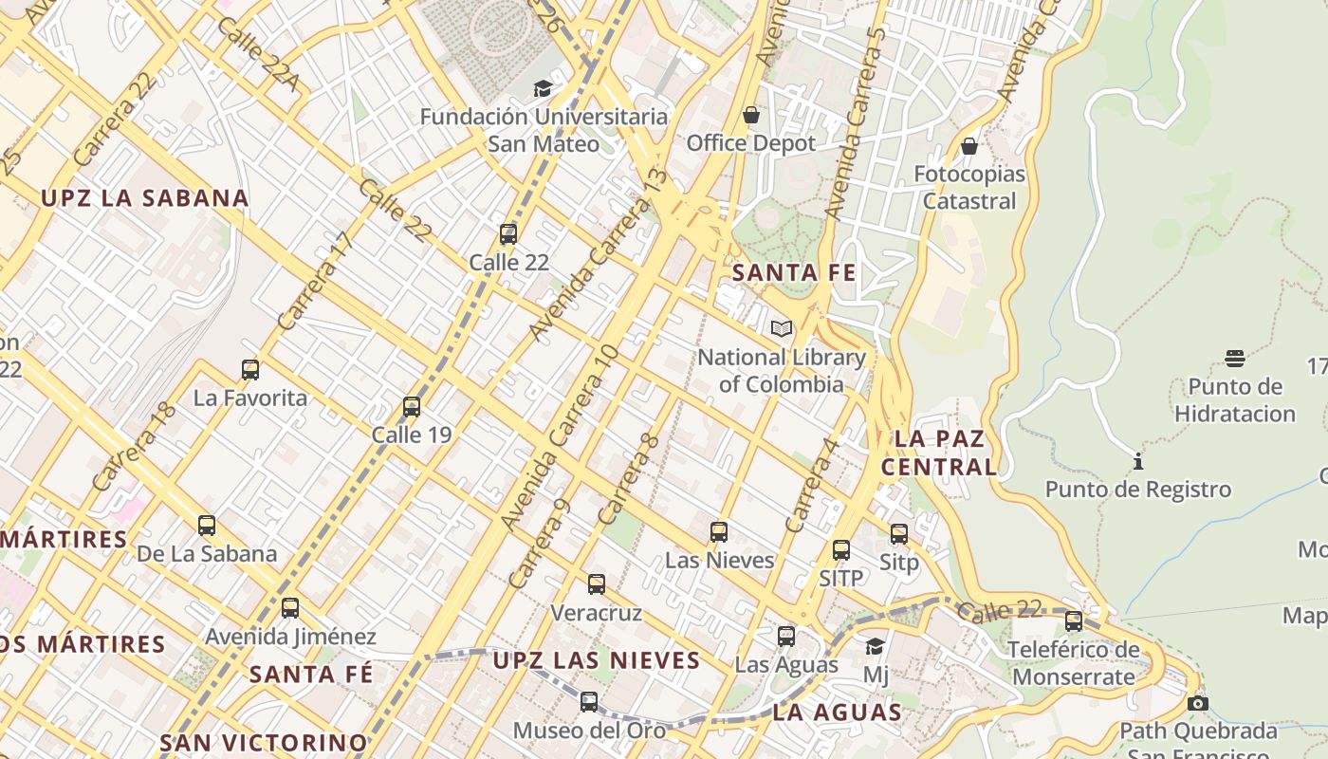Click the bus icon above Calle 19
point(412,407)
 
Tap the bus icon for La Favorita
point(250,370)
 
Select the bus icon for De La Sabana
point(207,526)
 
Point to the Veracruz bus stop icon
point(597,584)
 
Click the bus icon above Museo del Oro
point(589,702)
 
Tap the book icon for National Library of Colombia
point(782,329)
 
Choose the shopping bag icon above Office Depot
point(751,116)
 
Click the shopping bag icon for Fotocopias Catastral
point(969,146)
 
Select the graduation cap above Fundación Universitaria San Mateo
point(543,89)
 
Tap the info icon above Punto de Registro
point(1137,462)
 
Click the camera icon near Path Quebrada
point(1198,703)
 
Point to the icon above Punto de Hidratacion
point(1234,359)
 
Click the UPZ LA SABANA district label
point(144,198)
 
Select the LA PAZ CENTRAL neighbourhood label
point(939,453)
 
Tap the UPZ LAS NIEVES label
point(597,660)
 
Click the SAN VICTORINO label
point(263,742)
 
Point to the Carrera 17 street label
point(316,282)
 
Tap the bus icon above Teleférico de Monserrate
point(1073,621)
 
